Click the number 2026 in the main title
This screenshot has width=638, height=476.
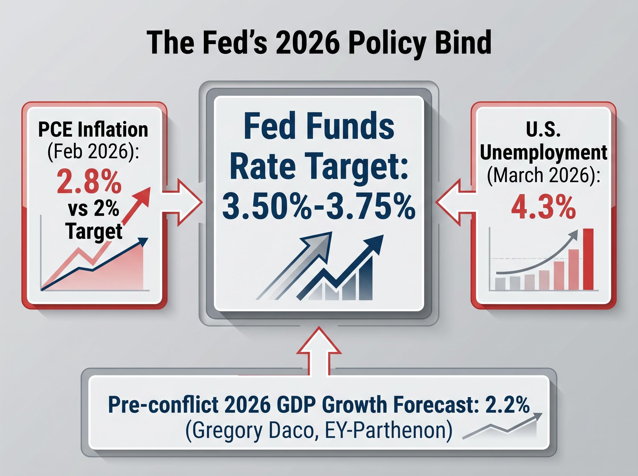pos(307,43)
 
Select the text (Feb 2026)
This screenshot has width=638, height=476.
pos(93,152)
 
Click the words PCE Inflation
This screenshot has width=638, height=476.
pos(93,130)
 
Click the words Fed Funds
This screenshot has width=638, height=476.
pos(318,127)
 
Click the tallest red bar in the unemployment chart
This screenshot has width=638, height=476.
pos(588,259)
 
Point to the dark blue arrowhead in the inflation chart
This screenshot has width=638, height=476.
pos(143,241)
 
